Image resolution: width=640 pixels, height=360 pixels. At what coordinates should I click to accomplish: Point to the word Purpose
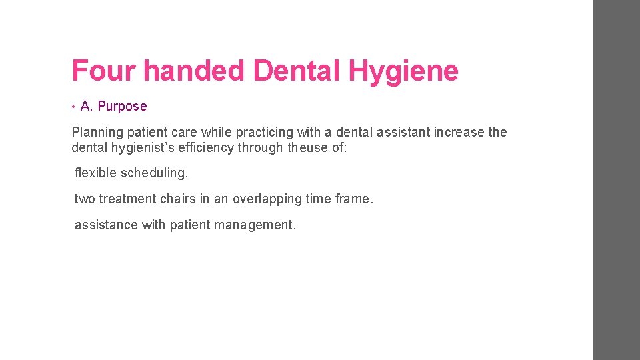[122, 106]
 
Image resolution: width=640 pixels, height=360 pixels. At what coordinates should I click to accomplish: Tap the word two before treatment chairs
[85, 199]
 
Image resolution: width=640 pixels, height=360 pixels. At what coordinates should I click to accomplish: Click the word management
[255, 225]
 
